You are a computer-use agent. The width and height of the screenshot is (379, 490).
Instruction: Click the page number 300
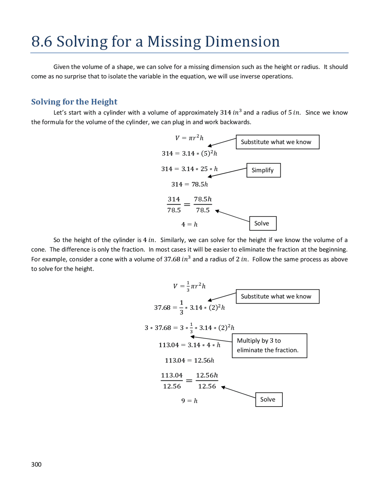click(x=36, y=464)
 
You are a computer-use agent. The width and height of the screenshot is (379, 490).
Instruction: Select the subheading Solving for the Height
click(x=74, y=102)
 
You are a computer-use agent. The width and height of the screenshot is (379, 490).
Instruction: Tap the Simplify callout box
click(x=263, y=170)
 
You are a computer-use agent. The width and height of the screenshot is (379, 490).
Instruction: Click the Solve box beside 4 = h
click(x=263, y=223)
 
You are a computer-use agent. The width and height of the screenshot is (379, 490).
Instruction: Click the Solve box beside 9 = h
click(x=269, y=399)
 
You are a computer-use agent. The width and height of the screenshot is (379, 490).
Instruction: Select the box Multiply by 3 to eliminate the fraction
click(x=269, y=346)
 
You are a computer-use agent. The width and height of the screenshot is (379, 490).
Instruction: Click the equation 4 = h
click(x=189, y=225)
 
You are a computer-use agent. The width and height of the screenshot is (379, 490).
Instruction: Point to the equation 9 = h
click(x=189, y=401)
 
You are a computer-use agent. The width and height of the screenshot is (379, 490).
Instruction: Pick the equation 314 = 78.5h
click(x=189, y=184)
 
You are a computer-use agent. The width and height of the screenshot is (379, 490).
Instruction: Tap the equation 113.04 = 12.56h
click(x=189, y=360)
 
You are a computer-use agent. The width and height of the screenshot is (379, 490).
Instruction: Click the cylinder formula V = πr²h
click(x=189, y=138)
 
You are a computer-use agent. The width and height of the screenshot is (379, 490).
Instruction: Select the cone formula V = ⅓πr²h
click(x=189, y=286)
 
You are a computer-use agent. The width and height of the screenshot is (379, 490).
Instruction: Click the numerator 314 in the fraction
click(x=174, y=199)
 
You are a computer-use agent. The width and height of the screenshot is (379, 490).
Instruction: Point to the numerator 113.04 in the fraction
click(x=172, y=375)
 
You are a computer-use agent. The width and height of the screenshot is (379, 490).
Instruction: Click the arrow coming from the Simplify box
click(x=227, y=173)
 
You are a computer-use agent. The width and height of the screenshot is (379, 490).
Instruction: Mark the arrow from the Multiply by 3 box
click(x=211, y=339)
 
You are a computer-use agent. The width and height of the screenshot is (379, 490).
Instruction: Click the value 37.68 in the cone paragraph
click(x=172, y=259)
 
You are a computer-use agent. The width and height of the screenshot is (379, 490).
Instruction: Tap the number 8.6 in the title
click(x=42, y=42)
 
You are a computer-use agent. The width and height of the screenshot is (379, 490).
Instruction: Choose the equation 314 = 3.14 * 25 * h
click(x=189, y=169)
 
